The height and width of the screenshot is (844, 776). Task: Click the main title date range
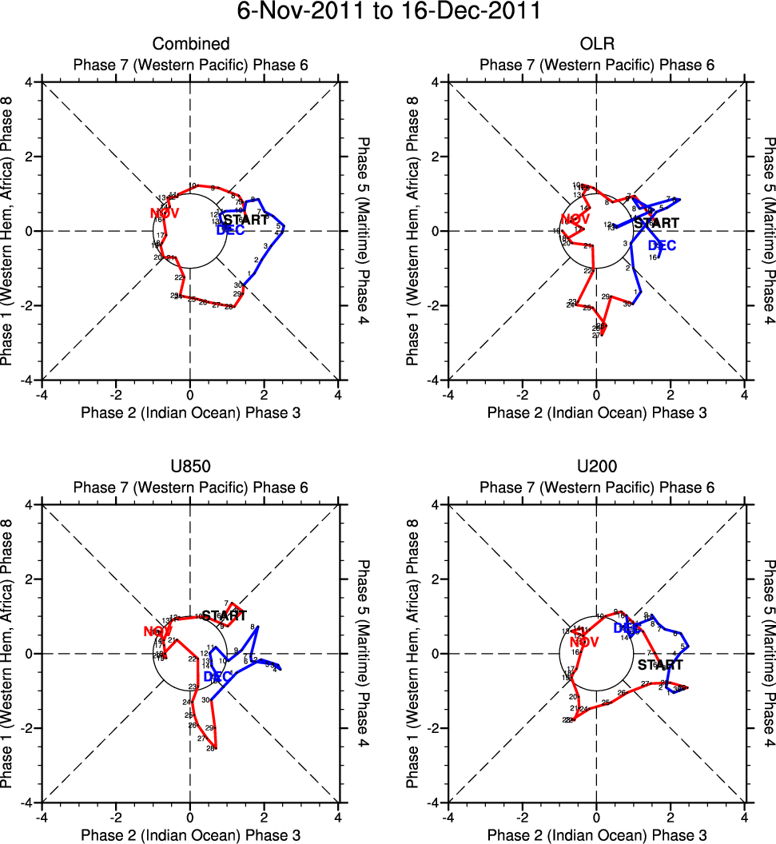click(x=388, y=13)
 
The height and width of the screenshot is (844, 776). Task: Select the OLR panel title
click(x=596, y=44)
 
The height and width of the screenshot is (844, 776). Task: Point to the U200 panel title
click(x=596, y=467)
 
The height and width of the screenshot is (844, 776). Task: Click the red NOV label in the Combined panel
click(x=165, y=213)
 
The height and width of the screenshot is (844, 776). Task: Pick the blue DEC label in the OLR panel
click(x=662, y=245)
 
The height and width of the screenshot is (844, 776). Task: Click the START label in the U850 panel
click(x=224, y=615)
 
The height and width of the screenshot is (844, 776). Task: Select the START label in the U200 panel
click(x=660, y=664)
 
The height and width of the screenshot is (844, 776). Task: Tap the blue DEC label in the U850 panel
click(x=217, y=677)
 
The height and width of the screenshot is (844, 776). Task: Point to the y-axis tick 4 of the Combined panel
click(x=28, y=82)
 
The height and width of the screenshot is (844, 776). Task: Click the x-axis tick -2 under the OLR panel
click(x=521, y=394)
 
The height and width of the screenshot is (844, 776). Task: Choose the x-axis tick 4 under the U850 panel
click(x=339, y=817)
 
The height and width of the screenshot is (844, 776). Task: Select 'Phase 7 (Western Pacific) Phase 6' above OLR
click(x=596, y=65)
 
